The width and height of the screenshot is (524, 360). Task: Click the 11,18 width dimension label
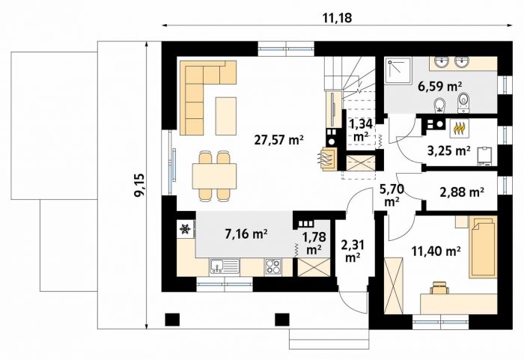[337, 18]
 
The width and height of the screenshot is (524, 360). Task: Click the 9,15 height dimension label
[139, 185]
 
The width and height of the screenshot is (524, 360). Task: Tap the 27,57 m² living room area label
[278, 140]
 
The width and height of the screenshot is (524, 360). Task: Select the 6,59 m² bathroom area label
[440, 87]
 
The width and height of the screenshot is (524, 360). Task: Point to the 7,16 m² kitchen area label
[246, 234]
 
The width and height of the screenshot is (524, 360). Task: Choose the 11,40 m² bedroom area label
[436, 251]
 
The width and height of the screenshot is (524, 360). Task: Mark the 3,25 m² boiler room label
[449, 151]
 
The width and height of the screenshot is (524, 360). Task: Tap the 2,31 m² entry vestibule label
[353, 251]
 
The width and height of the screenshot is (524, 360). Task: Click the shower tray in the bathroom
[397, 70]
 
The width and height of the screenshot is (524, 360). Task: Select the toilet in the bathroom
[463, 103]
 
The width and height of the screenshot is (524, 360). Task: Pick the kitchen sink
[225, 266]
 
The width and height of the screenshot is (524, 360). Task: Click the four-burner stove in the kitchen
[273, 267]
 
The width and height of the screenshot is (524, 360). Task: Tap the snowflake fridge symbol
[185, 229]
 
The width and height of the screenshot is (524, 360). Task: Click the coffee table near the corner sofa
[226, 116]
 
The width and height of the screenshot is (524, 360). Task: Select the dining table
[214, 176]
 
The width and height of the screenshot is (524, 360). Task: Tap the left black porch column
[172, 320]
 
